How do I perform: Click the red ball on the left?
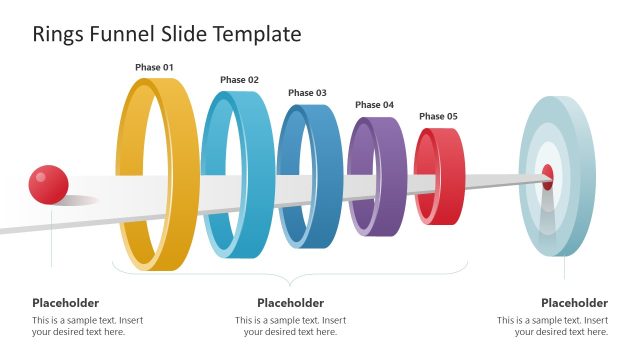click(48, 184)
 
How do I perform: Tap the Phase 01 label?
click(154, 68)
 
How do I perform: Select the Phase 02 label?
click(239, 80)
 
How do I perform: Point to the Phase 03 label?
click(307, 93)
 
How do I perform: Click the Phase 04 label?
click(374, 105)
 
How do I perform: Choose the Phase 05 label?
click(438, 117)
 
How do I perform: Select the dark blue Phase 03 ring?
click(283, 180)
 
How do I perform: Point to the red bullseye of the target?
click(548, 178)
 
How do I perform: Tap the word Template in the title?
click(254, 34)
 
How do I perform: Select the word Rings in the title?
click(56, 34)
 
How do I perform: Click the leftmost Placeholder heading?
click(65, 303)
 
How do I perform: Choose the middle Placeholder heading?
click(290, 303)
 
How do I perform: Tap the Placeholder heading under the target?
click(574, 303)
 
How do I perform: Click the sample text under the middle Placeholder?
click(290, 326)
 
